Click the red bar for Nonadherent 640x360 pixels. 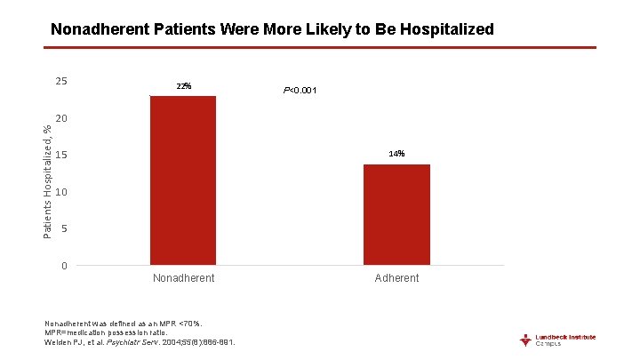183,180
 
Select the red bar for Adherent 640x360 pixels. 396,214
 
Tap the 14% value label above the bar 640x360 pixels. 396,154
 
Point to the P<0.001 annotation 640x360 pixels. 300,91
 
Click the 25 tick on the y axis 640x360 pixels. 61,82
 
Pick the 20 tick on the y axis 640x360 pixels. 61,119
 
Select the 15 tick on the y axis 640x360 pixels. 61,156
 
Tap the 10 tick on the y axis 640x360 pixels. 61,193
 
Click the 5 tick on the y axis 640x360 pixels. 64,229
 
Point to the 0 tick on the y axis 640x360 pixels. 64,267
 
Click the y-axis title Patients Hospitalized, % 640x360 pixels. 48,180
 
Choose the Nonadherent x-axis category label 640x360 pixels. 183,278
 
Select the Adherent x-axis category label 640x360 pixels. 396,278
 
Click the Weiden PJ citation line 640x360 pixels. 140,342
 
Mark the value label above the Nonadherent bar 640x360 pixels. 183,86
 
